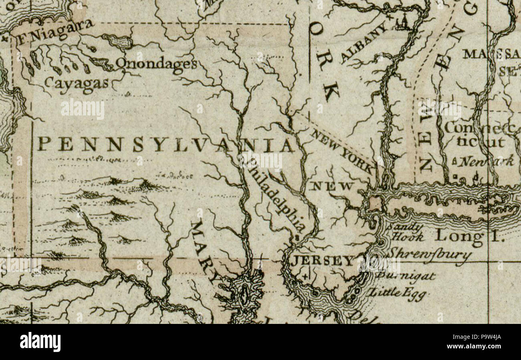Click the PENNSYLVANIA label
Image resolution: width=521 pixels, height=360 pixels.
coord(166,145)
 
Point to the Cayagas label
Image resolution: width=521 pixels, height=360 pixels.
coord(77,83)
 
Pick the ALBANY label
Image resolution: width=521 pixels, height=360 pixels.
coord(365,42)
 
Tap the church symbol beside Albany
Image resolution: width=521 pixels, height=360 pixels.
coord(402,23)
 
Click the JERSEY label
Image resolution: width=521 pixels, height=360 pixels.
coord(322,261)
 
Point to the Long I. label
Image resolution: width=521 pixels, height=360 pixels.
coord(469,236)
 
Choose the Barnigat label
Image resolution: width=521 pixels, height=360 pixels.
coord(406,276)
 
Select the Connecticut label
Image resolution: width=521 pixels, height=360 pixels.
coord(479,135)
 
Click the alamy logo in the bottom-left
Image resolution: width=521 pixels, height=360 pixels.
coord(40,342)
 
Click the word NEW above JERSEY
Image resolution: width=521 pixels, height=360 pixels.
coord(333,186)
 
